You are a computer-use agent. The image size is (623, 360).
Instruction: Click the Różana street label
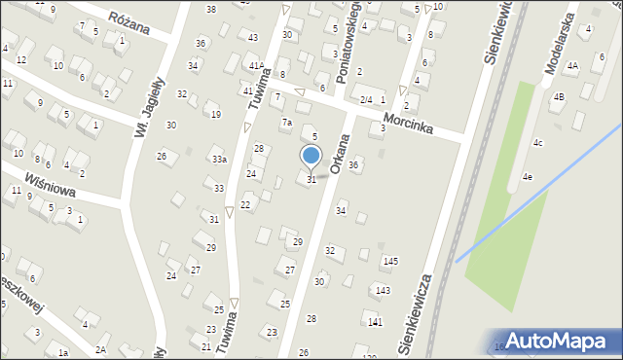(129, 23)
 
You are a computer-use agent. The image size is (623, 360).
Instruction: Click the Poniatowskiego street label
(348, 39)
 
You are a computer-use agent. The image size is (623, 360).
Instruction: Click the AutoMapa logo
(560, 340)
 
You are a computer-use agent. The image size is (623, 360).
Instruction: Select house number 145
(390, 261)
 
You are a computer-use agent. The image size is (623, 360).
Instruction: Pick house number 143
(384, 290)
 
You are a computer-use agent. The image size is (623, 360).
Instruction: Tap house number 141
(375, 322)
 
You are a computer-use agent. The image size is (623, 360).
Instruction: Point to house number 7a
(286, 123)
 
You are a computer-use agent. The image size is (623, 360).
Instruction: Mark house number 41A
(255, 65)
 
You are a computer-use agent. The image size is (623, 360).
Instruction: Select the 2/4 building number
(366, 100)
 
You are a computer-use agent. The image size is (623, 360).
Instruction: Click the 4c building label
(537, 143)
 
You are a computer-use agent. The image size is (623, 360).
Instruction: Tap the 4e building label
(527, 176)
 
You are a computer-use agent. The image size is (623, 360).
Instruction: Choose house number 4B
(559, 96)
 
